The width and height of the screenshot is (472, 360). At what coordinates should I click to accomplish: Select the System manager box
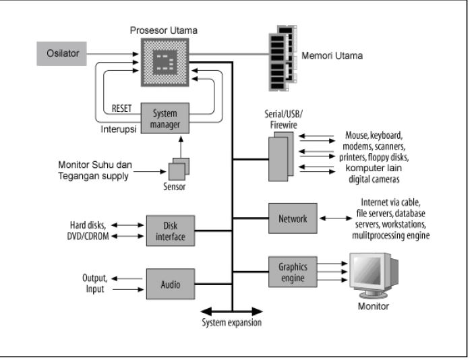pos(165,119)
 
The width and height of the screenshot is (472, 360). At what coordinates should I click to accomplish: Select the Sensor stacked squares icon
pos(178,167)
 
